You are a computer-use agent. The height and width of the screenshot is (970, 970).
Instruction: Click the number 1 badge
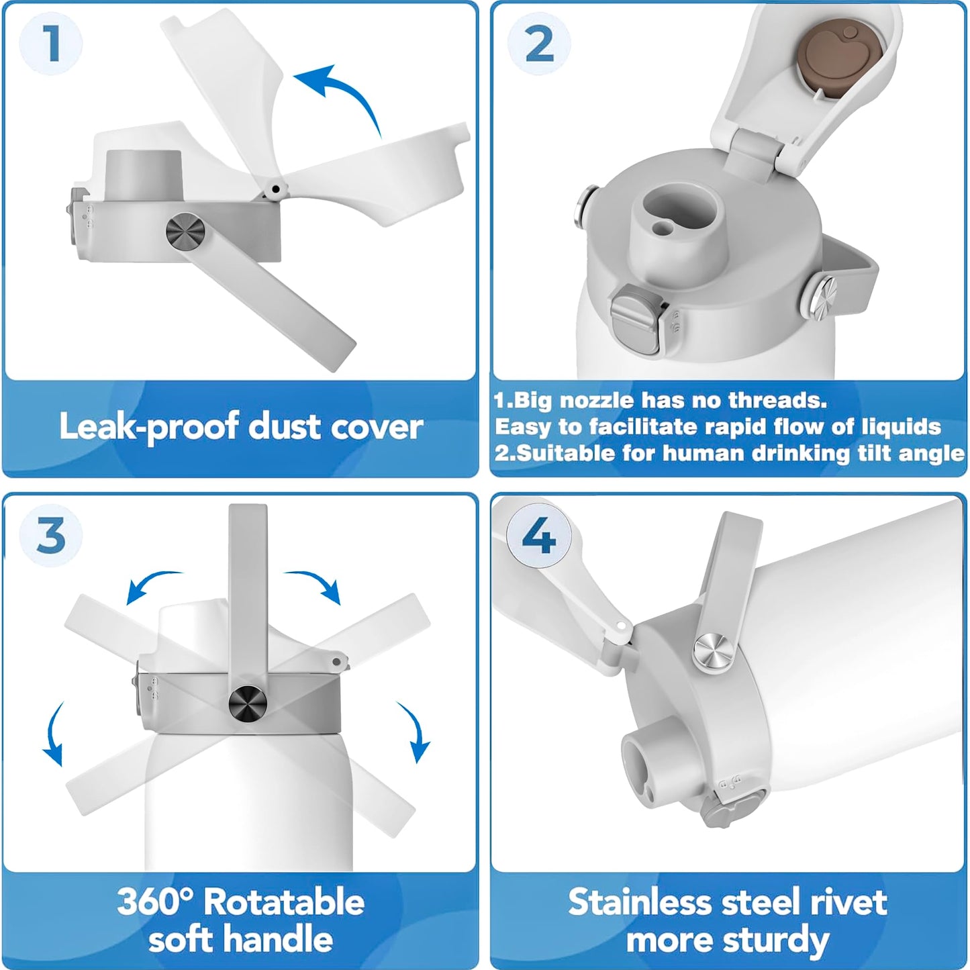(50, 44)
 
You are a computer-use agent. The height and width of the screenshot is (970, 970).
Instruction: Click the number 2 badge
(538, 44)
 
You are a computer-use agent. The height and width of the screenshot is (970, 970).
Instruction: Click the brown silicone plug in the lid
(840, 57)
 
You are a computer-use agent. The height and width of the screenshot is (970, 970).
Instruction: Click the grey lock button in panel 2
(635, 318)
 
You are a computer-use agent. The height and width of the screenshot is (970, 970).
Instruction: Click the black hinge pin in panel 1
(275, 189)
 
